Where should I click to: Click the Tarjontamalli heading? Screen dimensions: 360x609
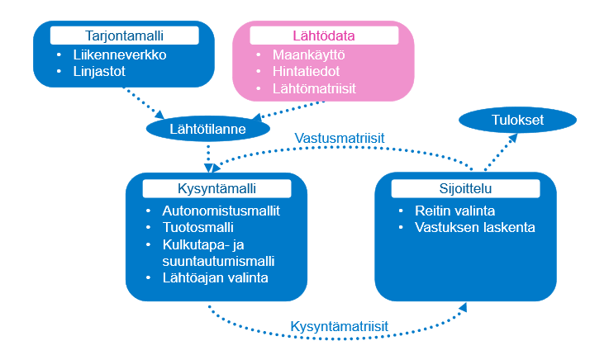coord(124,36)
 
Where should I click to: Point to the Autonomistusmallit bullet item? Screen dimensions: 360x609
coord(221,211)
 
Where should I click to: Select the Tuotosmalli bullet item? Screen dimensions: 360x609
coord(199,227)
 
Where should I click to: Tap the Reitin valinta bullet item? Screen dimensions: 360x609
coord(445,211)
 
